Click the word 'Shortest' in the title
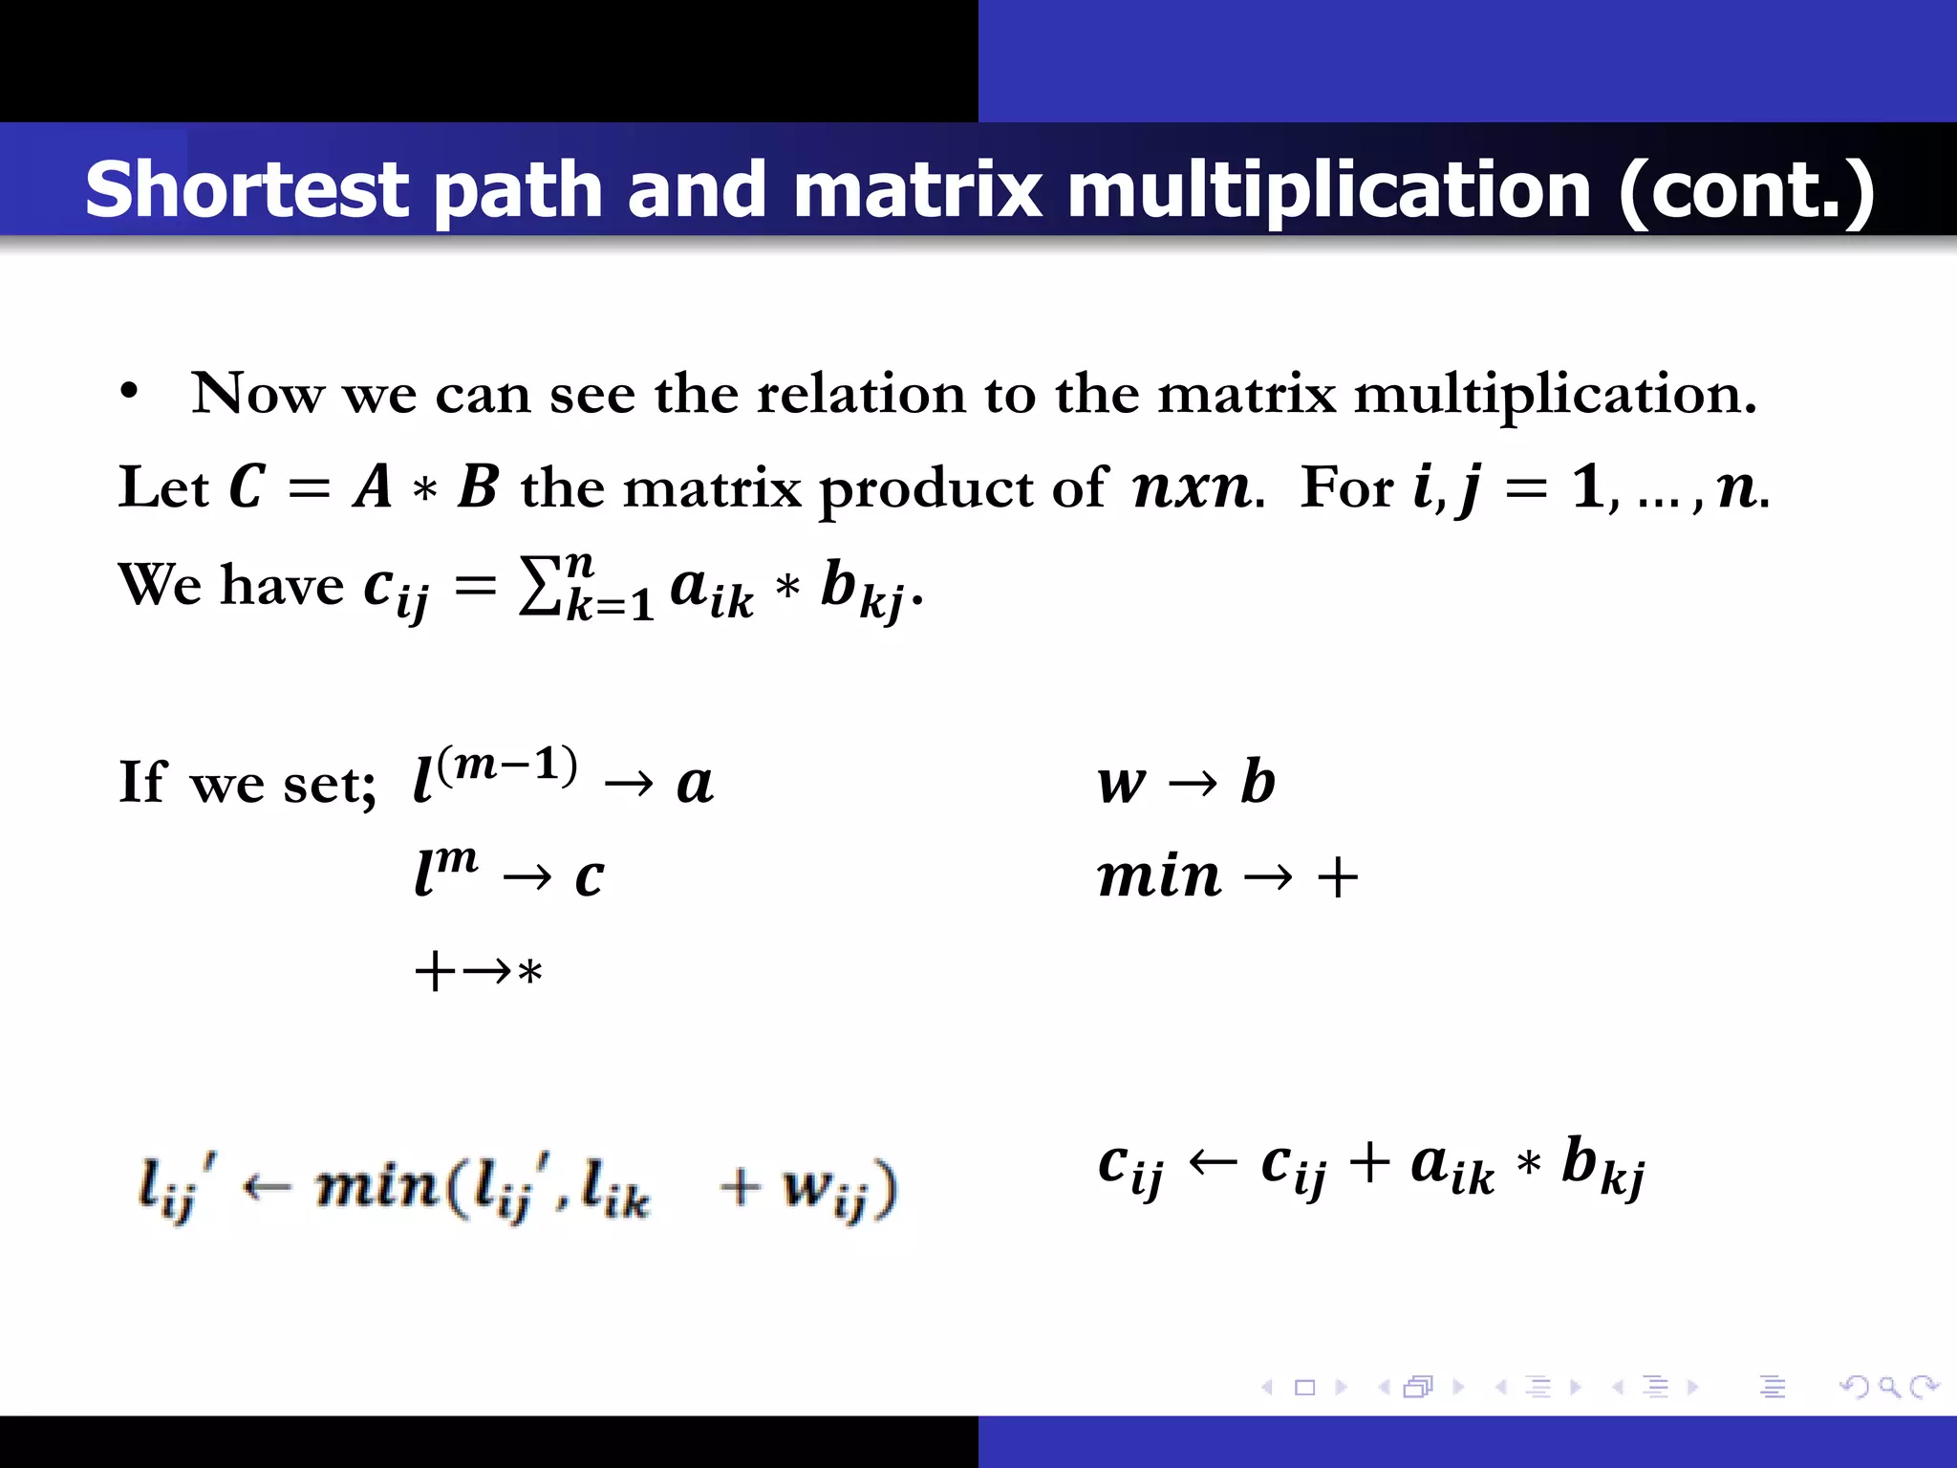tap(247, 189)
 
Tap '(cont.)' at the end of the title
tap(1746, 189)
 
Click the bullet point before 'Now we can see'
tap(130, 393)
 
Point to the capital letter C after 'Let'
tap(247, 486)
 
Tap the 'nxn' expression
tap(1192, 486)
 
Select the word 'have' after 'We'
tap(282, 584)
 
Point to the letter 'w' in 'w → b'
tap(1121, 783)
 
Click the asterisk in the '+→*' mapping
tap(529, 973)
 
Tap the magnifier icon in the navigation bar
tap(1889, 1386)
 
